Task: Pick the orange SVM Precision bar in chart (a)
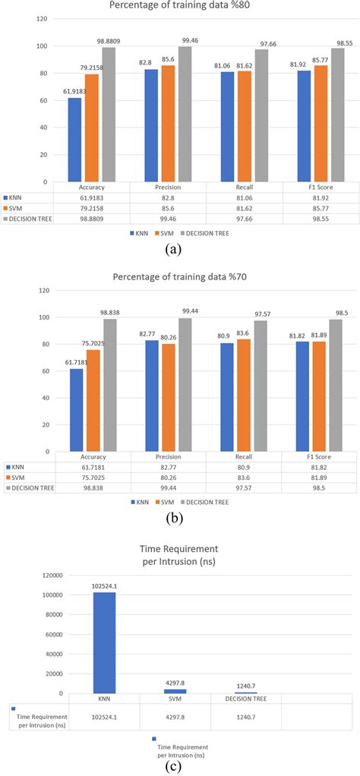pos(167,123)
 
